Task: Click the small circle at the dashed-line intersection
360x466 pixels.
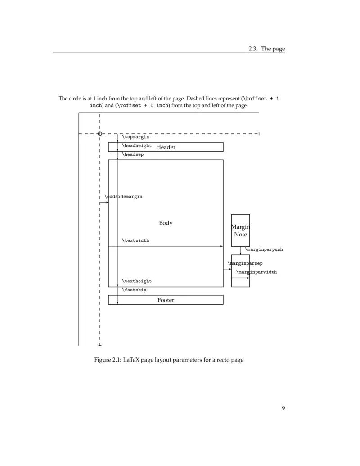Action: pos(100,134)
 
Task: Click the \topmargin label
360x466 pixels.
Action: pos(135,137)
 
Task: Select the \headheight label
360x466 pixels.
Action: pos(137,146)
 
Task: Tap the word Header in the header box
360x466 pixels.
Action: pos(166,147)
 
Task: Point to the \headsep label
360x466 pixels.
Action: pos(133,155)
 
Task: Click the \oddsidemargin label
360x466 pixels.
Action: pos(123,197)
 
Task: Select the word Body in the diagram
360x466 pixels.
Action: pos(166,223)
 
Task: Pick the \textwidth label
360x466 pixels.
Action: pos(135,241)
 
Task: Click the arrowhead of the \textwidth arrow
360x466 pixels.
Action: pos(221,246)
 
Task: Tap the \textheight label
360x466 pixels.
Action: pos(137,281)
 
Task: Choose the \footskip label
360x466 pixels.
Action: pos(134,290)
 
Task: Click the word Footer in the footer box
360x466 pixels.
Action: pos(166,300)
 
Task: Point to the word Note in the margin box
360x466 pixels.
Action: pos(240,235)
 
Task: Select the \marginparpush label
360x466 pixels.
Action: pos(264,249)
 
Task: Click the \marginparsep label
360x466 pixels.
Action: pos(245,263)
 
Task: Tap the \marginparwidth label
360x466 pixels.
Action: pos(256,272)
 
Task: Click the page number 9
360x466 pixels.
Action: pos(283,408)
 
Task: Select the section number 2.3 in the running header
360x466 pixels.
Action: pos(253,49)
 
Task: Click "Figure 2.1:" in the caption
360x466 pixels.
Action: pos(108,360)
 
